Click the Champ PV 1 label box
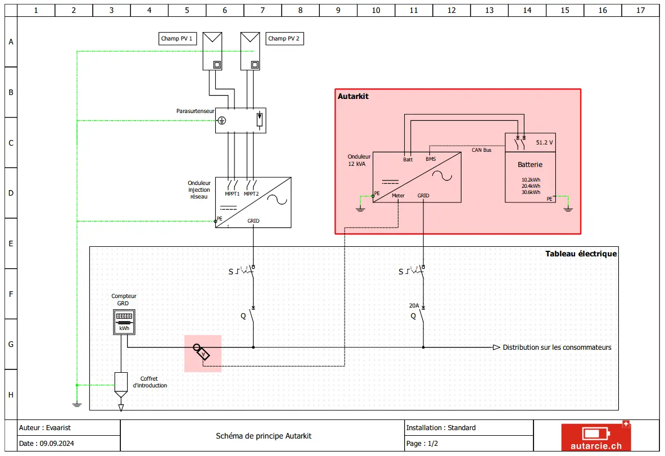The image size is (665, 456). pos(177,39)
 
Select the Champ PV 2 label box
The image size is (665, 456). pos(284,39)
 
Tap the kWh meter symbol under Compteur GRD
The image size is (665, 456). pos(124,322)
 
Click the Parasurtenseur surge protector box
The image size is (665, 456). pos(241,120)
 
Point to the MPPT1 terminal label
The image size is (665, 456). pos(232,194)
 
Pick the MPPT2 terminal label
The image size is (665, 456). pos(251,194)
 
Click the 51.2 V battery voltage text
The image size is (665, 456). pos(545,142)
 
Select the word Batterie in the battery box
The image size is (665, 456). pos(530,165)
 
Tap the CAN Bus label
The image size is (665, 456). pos(481,150)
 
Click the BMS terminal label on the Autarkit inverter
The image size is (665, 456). pos(431,159)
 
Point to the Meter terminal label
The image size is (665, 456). pos(398,196)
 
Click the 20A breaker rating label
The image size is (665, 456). pos(414,305)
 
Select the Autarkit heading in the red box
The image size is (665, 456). pos(353,96)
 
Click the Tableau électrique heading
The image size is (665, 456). pos(581,254)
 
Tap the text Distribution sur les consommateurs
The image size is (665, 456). pos(557,347)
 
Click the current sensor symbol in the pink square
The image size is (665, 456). pos(202,352)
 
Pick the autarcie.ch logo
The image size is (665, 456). pos(596,436)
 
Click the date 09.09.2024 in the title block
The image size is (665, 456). pos(57,444)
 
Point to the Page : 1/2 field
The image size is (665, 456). pos(422,444)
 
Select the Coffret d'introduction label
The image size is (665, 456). pos(150,382)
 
